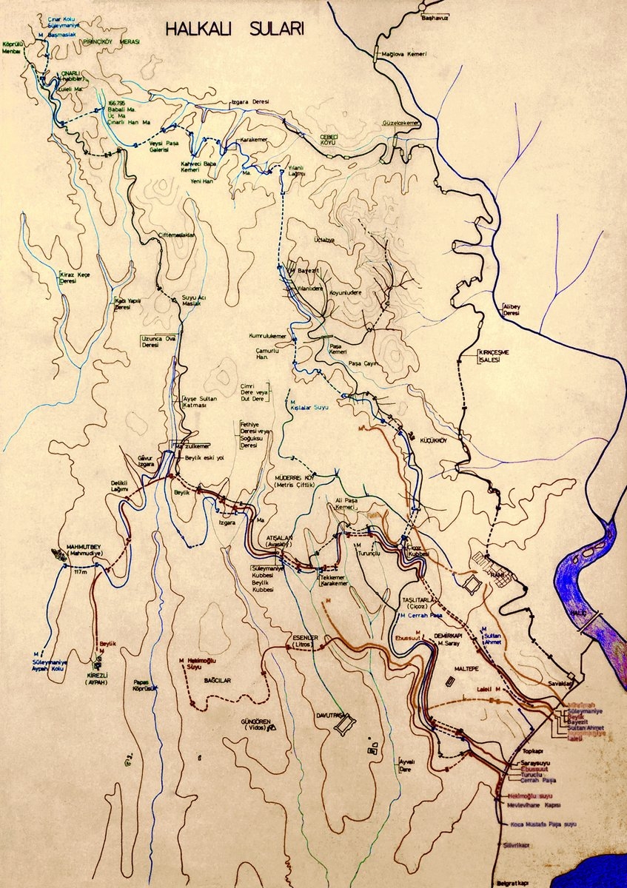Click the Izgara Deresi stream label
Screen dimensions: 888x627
click(250, 101)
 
